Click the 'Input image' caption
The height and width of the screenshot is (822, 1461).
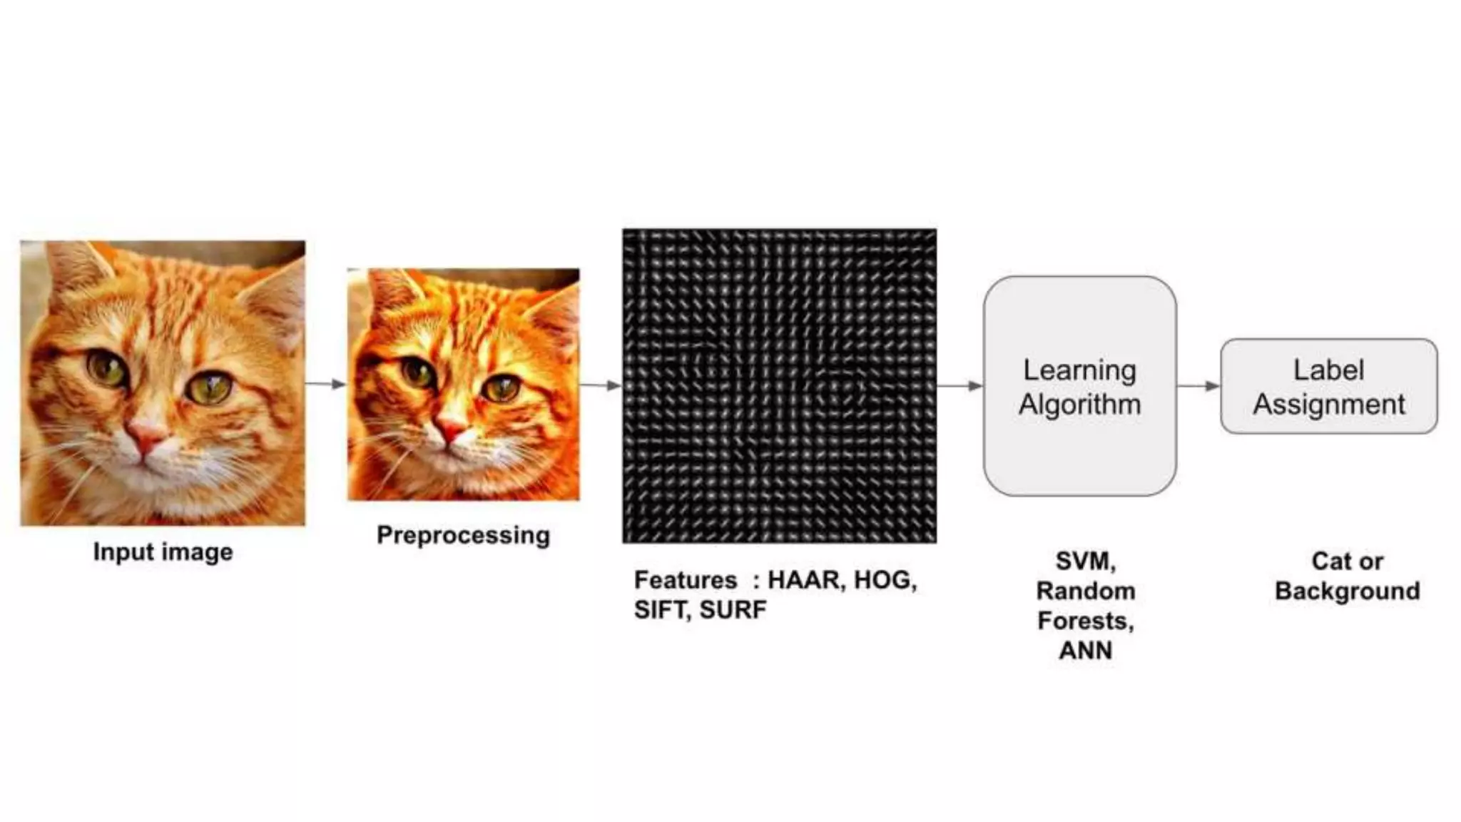[163, 552]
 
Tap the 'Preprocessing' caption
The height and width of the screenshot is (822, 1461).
[463, 535]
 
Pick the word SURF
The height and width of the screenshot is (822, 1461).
[733, 610]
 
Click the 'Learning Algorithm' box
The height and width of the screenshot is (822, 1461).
[1079, 386]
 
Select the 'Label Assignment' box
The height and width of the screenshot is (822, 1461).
[1328, 386]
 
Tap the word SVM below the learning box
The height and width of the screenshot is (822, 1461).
[1084, 561]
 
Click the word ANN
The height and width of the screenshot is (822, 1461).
[1085, 651]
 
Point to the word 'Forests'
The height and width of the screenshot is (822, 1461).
[1084, 621]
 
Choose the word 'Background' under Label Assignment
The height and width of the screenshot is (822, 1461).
[1347, 592]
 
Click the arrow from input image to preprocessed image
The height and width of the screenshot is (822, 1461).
[326, 385]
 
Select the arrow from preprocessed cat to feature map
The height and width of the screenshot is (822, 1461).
[601, 386]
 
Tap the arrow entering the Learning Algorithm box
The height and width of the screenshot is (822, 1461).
[959, 386]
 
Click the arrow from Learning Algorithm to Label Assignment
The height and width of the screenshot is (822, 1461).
[1198, 386]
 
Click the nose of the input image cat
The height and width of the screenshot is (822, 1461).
[146, 432]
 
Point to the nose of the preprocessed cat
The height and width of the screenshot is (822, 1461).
[452, 428]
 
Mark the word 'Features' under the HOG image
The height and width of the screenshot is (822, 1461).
[686, 580]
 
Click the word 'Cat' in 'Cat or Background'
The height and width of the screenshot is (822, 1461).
[1330, 562]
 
